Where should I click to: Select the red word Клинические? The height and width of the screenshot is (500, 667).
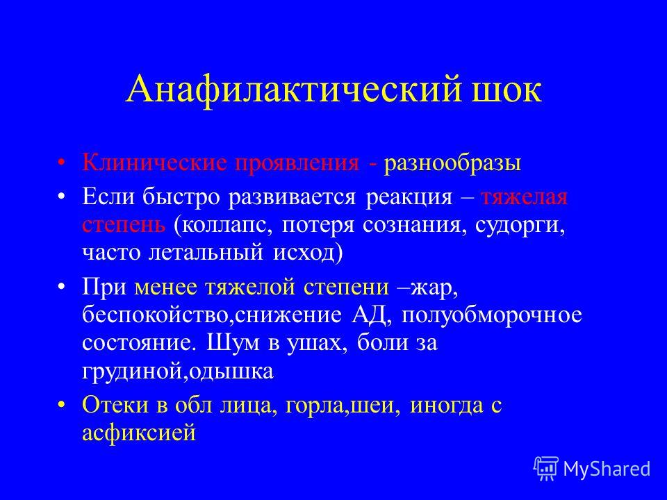pos(155,162)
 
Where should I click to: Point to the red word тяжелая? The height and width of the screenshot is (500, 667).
pos(525,197)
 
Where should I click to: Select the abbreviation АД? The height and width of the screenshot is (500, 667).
pos(370,315)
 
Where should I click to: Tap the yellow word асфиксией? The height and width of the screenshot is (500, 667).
pos(139,433)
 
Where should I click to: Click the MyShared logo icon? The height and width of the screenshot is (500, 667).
pos(546,469)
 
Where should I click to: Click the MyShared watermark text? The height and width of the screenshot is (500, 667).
pos(607,469)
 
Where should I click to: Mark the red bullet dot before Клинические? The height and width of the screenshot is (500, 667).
pos(62,162)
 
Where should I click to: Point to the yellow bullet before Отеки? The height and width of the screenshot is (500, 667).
pos(62,404)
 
